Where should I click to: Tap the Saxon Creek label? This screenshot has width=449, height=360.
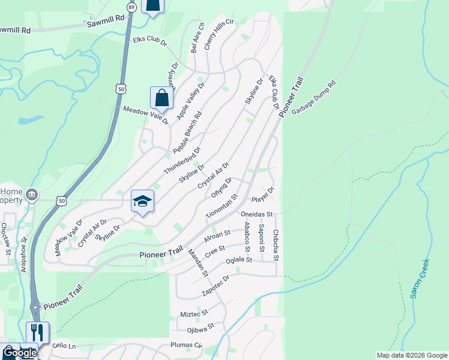point(419,278)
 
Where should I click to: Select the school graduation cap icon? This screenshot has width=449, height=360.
point(143,202)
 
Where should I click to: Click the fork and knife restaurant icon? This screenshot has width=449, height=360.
point(37,332)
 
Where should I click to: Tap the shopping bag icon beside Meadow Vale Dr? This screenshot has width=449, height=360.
point(161,97)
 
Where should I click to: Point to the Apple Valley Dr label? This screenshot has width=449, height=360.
point(191,99)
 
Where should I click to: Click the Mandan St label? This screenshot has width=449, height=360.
point(197,262)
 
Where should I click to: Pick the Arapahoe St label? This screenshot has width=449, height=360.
point(24,255)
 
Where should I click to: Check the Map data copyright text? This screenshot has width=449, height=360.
point(411,355)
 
